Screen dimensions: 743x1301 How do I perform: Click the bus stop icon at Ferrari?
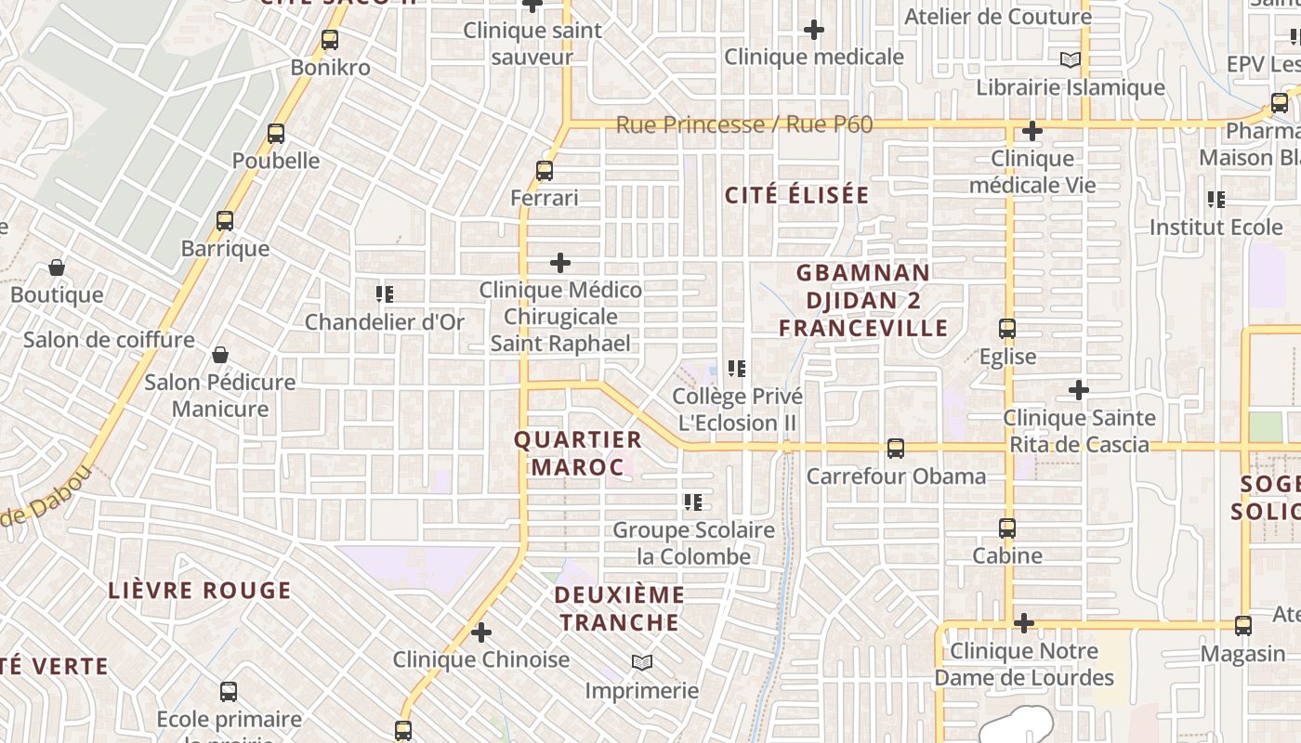pos(545,171)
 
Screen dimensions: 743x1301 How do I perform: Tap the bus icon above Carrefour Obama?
pos(895,449)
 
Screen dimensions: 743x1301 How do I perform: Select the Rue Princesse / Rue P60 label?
pos(744,124)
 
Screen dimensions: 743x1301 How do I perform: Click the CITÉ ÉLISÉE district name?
pos(796,195)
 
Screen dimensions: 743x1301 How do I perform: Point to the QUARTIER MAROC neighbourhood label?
pos(578,453)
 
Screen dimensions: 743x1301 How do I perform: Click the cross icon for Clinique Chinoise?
pos(481,632)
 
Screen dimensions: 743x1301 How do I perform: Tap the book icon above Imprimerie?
pos(641,663)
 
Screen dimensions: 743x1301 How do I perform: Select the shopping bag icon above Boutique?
pos(57,268)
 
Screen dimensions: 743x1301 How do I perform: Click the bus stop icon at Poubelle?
pos(276,133)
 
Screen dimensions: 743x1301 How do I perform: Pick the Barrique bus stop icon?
pos(225,221)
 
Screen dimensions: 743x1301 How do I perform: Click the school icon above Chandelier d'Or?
pos(385,294)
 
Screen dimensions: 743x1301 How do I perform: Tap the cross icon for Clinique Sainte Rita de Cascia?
pos(1078,390)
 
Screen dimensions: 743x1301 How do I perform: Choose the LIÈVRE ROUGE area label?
pos(200,591)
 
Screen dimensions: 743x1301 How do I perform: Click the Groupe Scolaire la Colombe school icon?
pos(693,502)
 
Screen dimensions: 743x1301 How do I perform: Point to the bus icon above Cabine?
pos(1007,528)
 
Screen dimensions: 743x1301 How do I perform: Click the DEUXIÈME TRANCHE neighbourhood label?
pos(620,608)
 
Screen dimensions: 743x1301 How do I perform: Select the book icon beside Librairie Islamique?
pos(1071,60)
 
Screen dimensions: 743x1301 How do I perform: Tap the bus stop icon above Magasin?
pos(1243,626)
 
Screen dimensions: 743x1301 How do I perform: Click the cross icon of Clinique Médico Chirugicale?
pos(560,263)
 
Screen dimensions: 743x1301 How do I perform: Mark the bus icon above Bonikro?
pos(329,40)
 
